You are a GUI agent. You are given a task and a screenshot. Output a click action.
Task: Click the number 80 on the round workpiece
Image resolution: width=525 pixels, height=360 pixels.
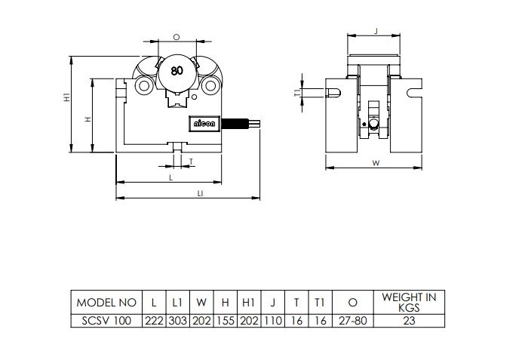coord(177,71)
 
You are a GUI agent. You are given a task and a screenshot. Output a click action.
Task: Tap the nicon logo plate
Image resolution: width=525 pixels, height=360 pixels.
coord(204,124)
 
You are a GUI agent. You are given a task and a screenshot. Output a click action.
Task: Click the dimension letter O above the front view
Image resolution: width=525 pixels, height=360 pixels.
coord(177,37)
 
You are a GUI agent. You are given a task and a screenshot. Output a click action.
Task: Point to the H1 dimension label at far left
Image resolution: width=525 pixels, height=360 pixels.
coord(67,97)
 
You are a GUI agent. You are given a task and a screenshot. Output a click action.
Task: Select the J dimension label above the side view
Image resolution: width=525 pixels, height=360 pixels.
coord(376,31)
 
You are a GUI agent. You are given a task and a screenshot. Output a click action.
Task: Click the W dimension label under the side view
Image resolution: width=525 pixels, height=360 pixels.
coord(376,163)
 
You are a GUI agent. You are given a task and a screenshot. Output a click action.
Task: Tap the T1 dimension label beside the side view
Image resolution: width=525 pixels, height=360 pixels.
coord(297,93)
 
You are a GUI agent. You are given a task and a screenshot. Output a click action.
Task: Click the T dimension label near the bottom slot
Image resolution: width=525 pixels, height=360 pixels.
coord(191,162)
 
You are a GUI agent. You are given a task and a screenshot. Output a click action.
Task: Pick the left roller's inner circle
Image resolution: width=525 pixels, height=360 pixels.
coord(144,85)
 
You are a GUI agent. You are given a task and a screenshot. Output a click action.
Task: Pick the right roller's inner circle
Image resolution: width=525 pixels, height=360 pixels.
coord(210,85)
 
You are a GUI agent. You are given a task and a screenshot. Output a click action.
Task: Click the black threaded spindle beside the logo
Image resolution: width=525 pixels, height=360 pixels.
coord(235,124)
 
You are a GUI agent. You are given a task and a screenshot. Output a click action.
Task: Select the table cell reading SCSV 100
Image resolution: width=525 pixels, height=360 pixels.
coord(106,321)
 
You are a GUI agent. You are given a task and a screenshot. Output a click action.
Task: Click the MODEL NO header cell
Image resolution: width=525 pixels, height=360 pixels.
coord(106,303)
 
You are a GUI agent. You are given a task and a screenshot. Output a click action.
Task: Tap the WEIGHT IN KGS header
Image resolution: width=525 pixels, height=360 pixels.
coord(409,302)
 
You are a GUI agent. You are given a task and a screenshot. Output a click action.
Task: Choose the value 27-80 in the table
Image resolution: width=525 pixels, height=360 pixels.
coord(352,321)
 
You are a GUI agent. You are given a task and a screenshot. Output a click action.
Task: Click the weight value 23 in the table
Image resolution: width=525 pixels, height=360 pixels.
coord(409,321)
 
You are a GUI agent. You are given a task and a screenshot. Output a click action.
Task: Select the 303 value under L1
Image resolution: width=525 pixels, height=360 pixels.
coord(177,321)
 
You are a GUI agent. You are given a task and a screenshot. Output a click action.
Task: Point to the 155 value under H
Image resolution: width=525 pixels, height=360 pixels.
coord(226,321)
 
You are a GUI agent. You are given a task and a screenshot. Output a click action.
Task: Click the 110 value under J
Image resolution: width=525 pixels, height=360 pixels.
coord(273,321)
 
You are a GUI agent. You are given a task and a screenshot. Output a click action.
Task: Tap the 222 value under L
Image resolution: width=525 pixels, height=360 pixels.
coord(154,321)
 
